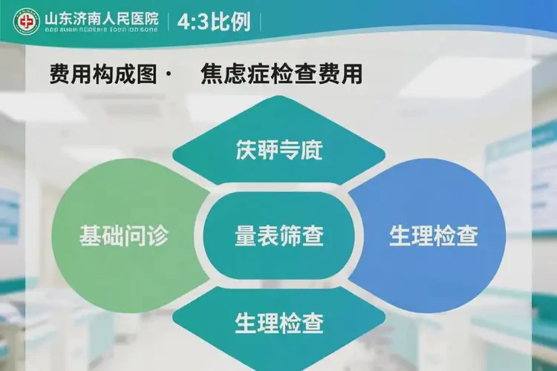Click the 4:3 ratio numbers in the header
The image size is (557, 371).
pyautogui.click(x=192, y=22)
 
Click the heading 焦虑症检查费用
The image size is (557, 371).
pyautogui.click(x=281, y=74)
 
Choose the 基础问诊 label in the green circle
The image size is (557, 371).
pyautogui.click(x=124, y=236)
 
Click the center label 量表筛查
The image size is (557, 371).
pyautogui.click(x=278, y=237)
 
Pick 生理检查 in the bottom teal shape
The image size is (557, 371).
pyautogui.click(x=279, y=323)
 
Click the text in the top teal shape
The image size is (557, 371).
pyautogui.click(x=279, y=150)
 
